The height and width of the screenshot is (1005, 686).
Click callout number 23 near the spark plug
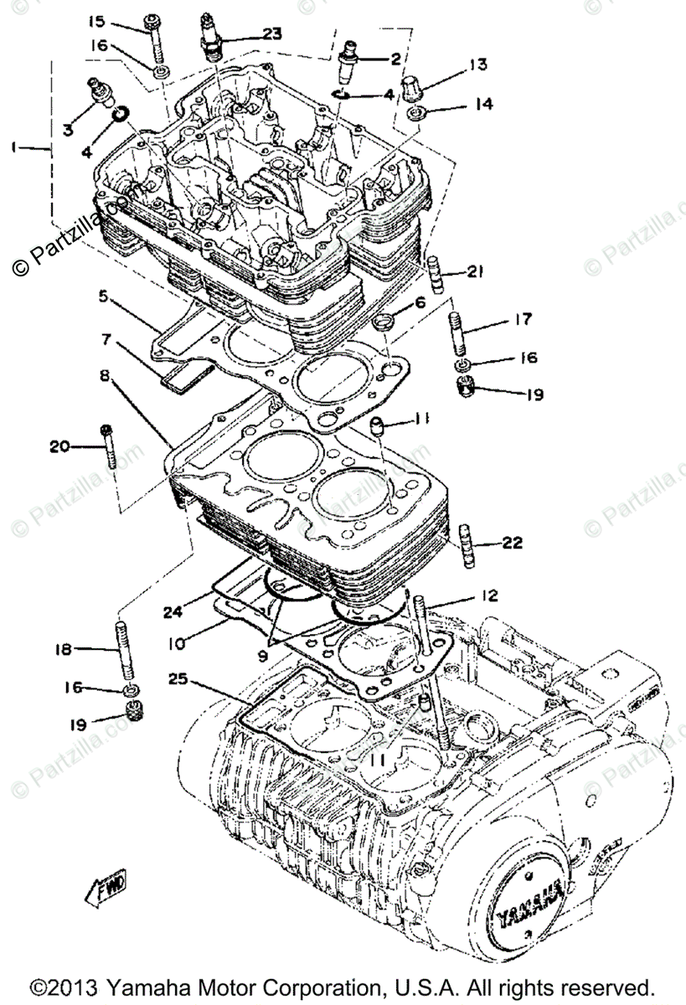pyautogui.click(x=271, y=33)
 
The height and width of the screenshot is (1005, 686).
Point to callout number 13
pyautogui.click(x=477, y=64)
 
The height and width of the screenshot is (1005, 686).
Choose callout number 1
pyautogui.click(x=14, y=147)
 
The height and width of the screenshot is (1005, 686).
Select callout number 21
pyautogui.click(x=476, y=271)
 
